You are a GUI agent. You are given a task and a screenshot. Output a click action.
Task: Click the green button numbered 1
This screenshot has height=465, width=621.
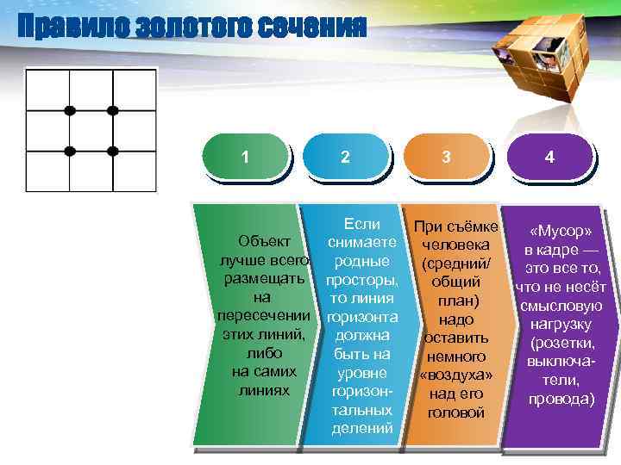click(246, 157)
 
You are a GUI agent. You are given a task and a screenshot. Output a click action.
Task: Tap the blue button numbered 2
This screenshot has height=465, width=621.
click(345, 157)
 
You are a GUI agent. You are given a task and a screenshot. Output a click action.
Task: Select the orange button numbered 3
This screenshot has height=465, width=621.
click(445, 157)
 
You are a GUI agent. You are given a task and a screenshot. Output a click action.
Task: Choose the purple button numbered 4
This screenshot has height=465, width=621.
click(549, 158)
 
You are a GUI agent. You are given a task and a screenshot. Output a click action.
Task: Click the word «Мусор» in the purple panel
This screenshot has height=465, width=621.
click(561, 232)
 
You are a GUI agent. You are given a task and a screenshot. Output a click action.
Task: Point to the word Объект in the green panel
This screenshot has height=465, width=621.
click(264, 239)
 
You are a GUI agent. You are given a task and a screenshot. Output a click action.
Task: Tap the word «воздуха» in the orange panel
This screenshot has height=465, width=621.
click(456, 375)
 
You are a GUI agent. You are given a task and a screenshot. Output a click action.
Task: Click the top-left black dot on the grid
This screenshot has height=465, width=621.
click(70, 110)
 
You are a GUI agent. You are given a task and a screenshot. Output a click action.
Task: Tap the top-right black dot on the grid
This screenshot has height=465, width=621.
click(112, 110)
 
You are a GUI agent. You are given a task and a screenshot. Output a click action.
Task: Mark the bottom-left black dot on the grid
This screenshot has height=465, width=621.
click(70, 151)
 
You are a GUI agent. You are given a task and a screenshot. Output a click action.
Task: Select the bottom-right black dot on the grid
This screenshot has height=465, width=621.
click(112, 151)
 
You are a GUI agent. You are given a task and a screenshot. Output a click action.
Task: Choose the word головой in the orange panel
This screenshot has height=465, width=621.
click(456, 412)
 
